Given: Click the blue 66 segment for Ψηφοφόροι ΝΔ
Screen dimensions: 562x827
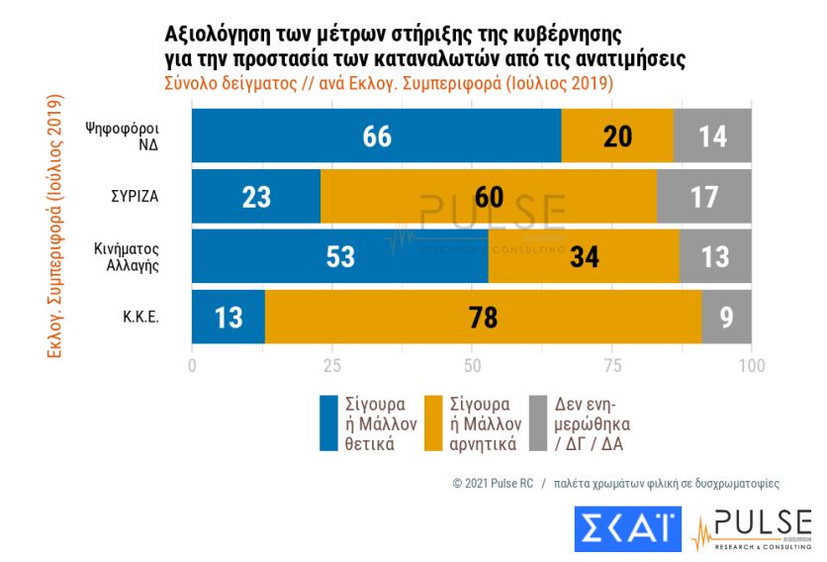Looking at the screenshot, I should [x=376, y=136].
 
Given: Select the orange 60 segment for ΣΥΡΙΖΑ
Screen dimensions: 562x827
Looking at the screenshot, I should [x=488, y=196].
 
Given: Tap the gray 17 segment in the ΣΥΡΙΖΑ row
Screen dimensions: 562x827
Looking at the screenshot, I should [x=703, y=196].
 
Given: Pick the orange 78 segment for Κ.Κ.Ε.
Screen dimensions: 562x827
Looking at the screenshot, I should [x=483, y=317].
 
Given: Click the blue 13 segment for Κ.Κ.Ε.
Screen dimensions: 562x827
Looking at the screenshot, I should [x=228, y=317].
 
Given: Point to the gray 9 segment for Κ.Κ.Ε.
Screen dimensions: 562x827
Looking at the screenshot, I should [x=726, y=317].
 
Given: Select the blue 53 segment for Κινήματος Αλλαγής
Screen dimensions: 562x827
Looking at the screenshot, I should [x=339, y=256].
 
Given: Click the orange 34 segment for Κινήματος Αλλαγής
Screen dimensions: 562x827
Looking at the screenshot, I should [x=584, y=256].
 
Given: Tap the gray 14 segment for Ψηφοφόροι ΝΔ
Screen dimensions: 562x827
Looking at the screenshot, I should [x=712, y=136].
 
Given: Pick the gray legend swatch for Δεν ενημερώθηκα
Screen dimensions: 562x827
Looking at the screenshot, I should [x=538, y=423].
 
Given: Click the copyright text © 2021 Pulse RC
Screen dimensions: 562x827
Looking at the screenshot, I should [x=493, y=484].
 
